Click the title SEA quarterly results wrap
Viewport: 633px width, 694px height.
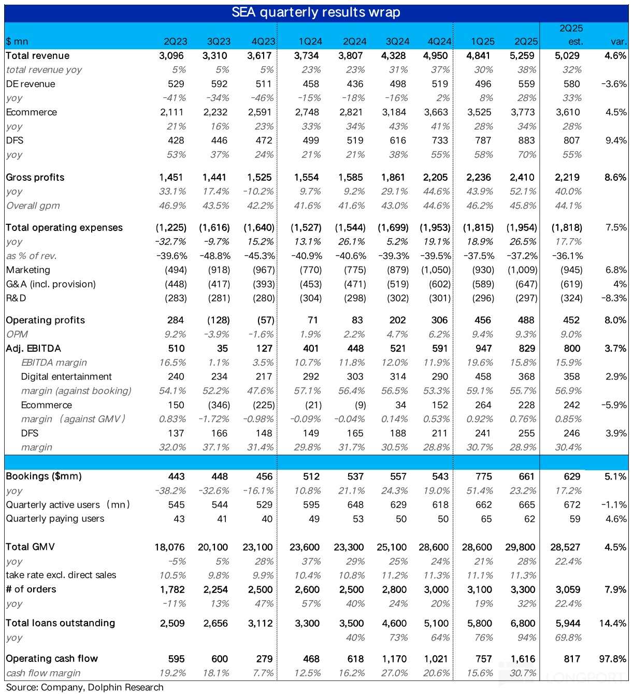coord(315,12)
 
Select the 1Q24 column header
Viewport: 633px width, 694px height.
coord(310,41)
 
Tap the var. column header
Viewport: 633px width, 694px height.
coord(618,41)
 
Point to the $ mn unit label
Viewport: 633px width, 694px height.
coord(17,41)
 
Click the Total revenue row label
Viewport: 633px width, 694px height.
coord(37,56)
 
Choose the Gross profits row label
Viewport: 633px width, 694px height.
coord(35,177)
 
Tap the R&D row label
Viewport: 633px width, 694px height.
coord(16,298)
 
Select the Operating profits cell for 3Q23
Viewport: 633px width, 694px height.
coord(219,320)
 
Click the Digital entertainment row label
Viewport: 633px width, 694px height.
coord(66,377)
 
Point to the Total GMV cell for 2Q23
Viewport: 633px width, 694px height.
coord(169,547)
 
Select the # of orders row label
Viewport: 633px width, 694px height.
coord(31,589)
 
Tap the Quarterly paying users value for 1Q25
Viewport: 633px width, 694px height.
coord(486,519)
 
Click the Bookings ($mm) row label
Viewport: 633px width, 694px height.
coord(44,476)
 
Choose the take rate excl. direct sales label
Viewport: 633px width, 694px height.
coord(61,575)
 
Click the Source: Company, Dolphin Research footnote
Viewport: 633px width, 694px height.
coord(85,687)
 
